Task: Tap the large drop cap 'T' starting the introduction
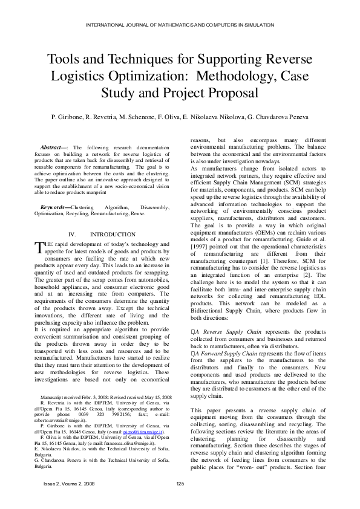pos(40,246)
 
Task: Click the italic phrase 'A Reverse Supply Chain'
pos(221,332)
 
